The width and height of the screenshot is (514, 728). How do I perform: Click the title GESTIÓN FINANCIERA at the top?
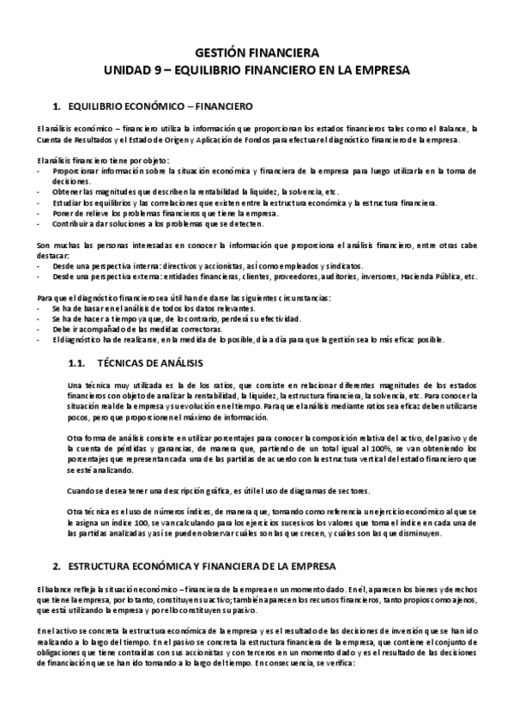(257, 52)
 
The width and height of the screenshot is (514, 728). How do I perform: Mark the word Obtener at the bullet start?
(66, 191)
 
